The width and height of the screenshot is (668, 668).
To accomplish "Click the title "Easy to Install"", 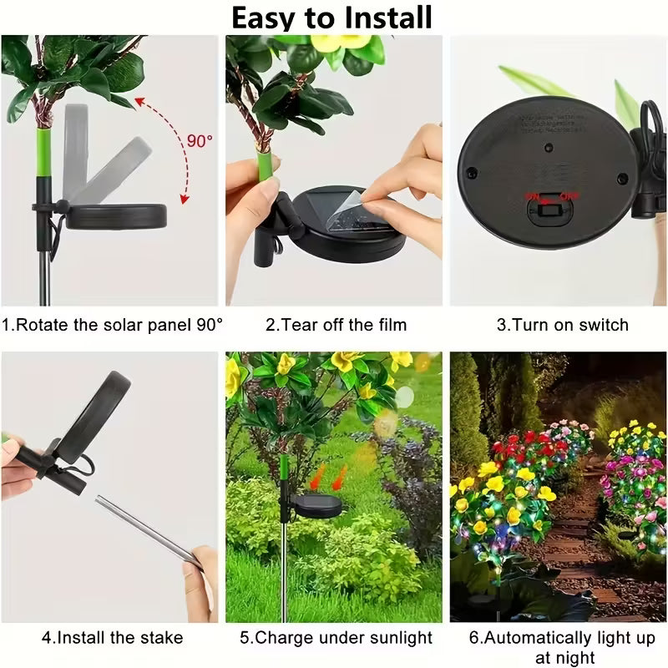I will click(331, 18).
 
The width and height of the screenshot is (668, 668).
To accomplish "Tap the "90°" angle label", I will click(200, 140).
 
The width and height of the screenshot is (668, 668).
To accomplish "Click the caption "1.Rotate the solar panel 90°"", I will click(112, 325).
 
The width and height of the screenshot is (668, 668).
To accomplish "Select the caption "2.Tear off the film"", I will click(336, 325).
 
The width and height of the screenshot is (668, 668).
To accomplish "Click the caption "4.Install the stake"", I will click(112, 638).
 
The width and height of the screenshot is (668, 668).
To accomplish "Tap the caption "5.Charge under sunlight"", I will click(336, 638).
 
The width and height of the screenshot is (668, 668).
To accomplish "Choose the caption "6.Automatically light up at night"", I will click(560, 647).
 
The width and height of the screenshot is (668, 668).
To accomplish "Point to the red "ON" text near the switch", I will click(531, 197).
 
